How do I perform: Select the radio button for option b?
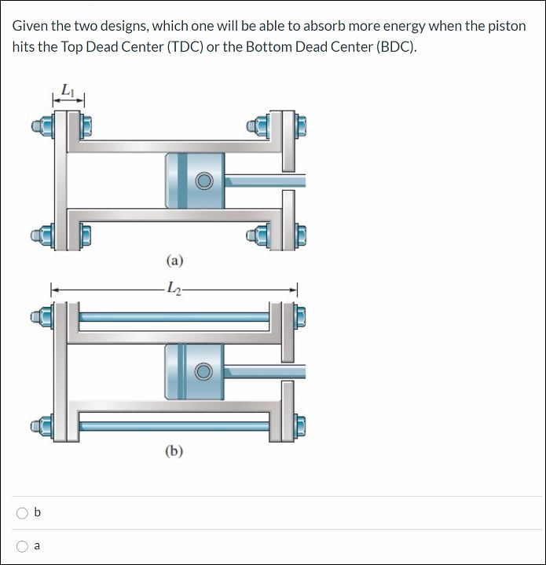tap(22, 513)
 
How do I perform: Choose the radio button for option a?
tap(22, 546)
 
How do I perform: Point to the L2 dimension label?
tap(174, 290)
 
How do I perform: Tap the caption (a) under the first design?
tap(174, 260)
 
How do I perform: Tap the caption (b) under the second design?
tap(174, 450)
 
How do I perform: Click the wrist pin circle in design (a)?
tap(204, 181)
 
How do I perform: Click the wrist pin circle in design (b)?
tap(204, 370)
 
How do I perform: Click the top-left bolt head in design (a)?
tap(38, 125)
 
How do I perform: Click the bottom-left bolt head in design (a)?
tap(38, 235)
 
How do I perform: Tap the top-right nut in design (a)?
tap(300, 125)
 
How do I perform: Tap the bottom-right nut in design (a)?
tap(300, 234)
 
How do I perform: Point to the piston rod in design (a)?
tap(265, 180)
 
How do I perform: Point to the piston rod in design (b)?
tap(265, 370)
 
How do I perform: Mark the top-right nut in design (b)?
tap(300, 317)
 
